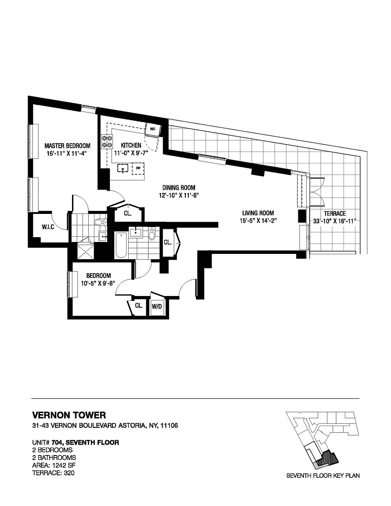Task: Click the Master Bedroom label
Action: tap(68, 145)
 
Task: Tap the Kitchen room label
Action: tap(131, 145)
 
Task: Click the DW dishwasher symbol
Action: tap(138, 168)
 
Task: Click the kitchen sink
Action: tap(123, 169)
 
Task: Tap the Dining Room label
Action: tap(178, 188)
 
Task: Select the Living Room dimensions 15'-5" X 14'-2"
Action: tap(258, 221)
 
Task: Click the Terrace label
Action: tap(335, 213)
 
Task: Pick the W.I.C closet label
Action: tap(48, 227)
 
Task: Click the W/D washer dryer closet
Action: tap(157, 306)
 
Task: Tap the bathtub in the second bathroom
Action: tap(121, 245)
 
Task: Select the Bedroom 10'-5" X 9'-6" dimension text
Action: tap(98, 283)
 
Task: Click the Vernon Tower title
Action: tap(69, 415)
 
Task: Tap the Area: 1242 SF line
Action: tap(54, 465)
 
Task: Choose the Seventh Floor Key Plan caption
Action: tap(323, 475)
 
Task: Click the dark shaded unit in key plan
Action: tap(329, 457)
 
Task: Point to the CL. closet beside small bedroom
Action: tap(138, 306)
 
